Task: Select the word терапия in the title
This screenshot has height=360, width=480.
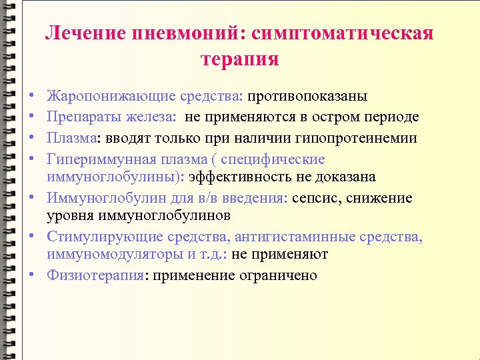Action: coord(239,59)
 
